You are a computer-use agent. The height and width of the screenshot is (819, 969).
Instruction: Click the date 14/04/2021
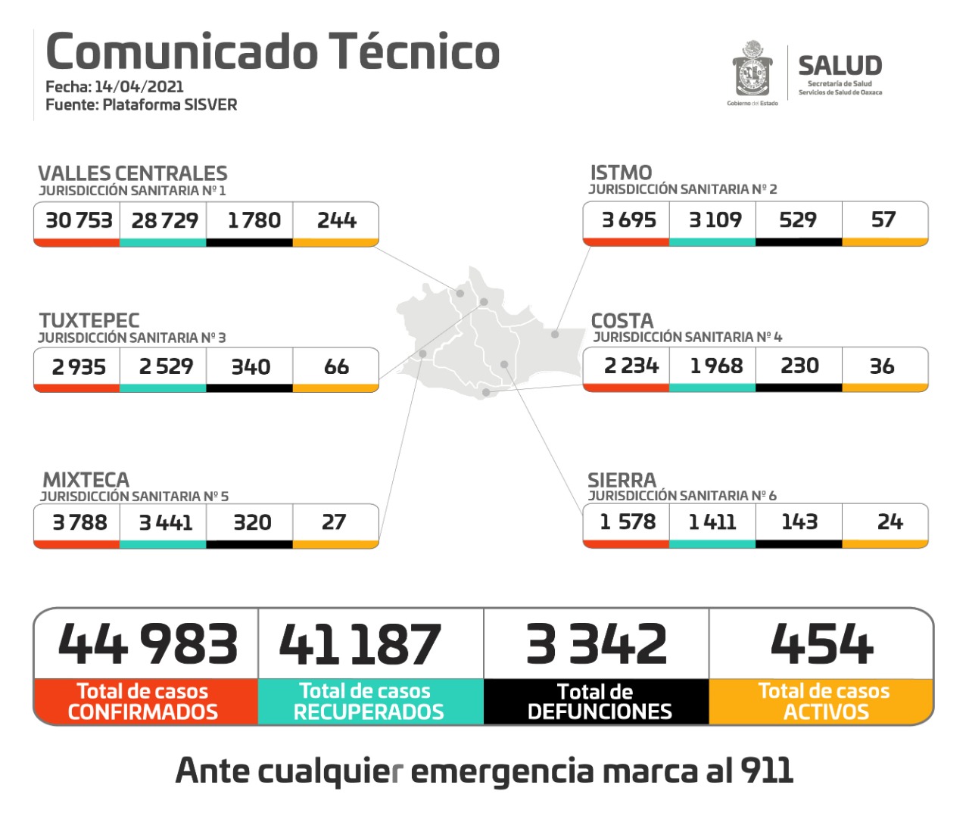(139, 86)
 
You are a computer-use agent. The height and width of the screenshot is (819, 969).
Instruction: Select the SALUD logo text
(840, 66)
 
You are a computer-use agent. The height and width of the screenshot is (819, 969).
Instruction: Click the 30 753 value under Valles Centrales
(79, 220)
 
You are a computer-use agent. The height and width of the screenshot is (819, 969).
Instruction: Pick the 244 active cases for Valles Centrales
(336, 220)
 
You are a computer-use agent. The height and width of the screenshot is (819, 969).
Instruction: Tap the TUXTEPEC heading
(89, 320)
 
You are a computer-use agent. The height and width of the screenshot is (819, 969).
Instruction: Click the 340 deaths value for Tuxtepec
(251, 367)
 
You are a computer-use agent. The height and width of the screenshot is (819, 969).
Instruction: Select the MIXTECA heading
(86, 480)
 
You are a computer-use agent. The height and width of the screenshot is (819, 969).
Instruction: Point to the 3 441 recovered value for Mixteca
(165, 522)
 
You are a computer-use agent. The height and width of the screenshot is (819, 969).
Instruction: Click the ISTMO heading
(621, 173)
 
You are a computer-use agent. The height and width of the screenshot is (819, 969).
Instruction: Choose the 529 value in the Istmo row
(798, 220)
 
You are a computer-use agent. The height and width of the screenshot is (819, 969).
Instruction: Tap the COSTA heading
(622, 321)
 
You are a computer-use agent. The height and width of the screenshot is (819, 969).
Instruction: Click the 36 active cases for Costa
(882, 366)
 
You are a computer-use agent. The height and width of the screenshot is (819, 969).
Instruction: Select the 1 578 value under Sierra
(628, 522)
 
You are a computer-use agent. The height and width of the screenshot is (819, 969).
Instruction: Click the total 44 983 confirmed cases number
(148, 644)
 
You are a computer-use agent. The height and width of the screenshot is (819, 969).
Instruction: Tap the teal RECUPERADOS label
(369, 712)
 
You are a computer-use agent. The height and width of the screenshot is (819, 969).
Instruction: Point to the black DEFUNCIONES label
(599, 712)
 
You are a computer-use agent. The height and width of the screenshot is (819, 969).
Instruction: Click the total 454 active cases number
(822, 644)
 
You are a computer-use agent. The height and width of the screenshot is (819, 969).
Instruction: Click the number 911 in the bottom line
(767, 771)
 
